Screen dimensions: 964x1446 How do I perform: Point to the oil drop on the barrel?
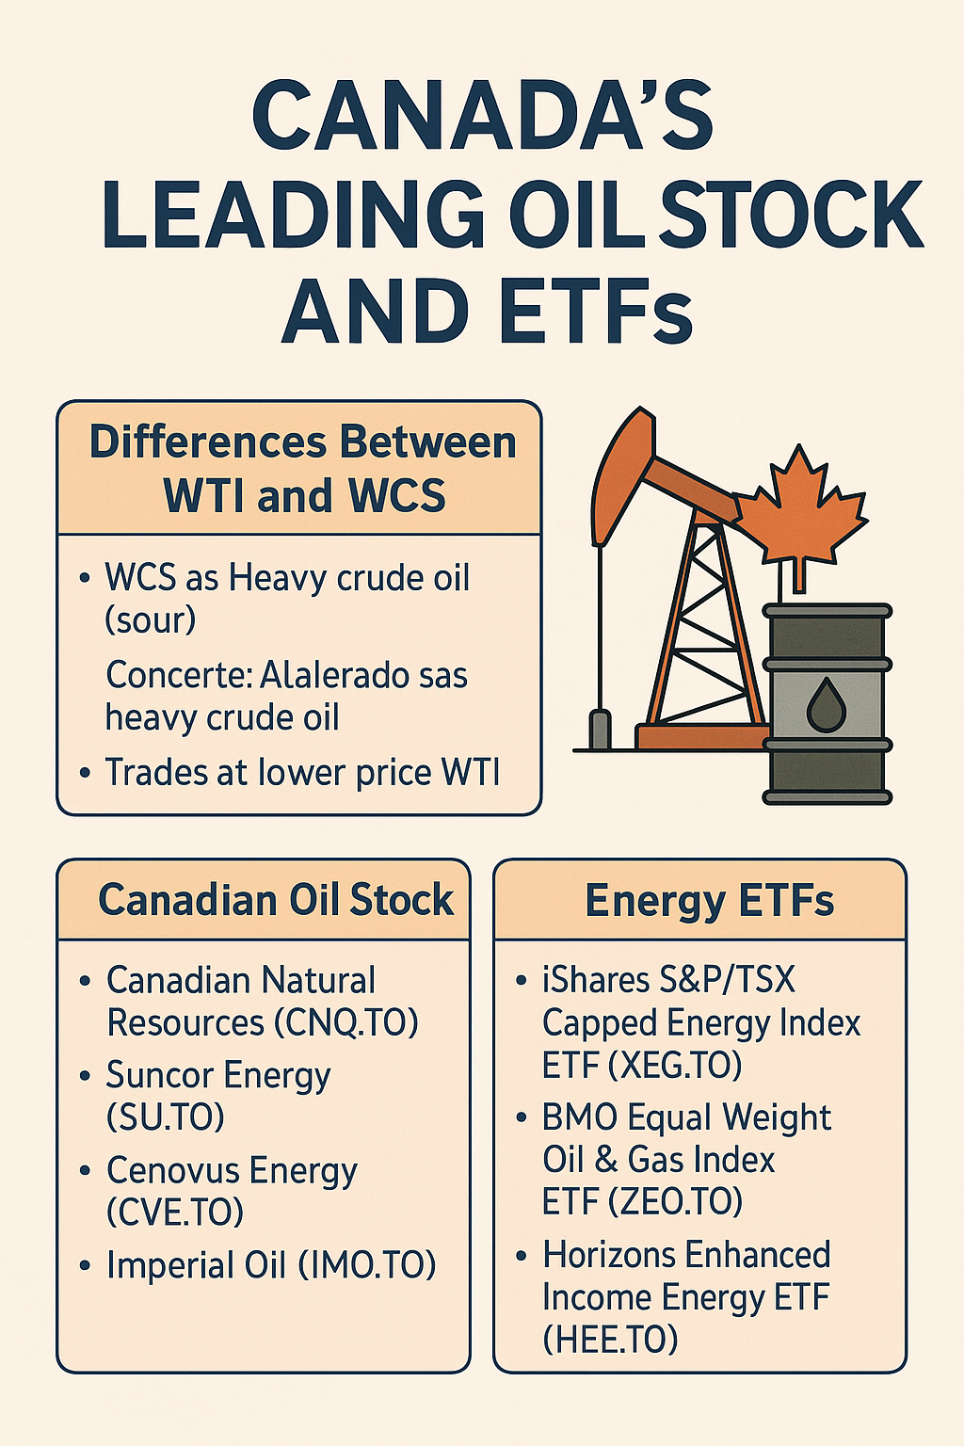point(827,704)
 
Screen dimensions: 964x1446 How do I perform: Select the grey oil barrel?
point(827,703)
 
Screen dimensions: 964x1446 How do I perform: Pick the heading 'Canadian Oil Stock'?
point(277,899)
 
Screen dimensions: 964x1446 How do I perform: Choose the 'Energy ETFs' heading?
point(710,900)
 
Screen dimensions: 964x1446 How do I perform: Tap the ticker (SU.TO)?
point(166,1116)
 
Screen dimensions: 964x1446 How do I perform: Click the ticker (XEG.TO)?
point(675,1065)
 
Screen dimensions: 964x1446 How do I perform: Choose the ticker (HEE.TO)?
point(610,1339)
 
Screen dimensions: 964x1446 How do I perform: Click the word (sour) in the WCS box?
point(151,619)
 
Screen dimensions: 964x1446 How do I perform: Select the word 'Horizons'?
point(607,1255)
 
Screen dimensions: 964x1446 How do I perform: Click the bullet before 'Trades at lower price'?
point(84,772)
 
